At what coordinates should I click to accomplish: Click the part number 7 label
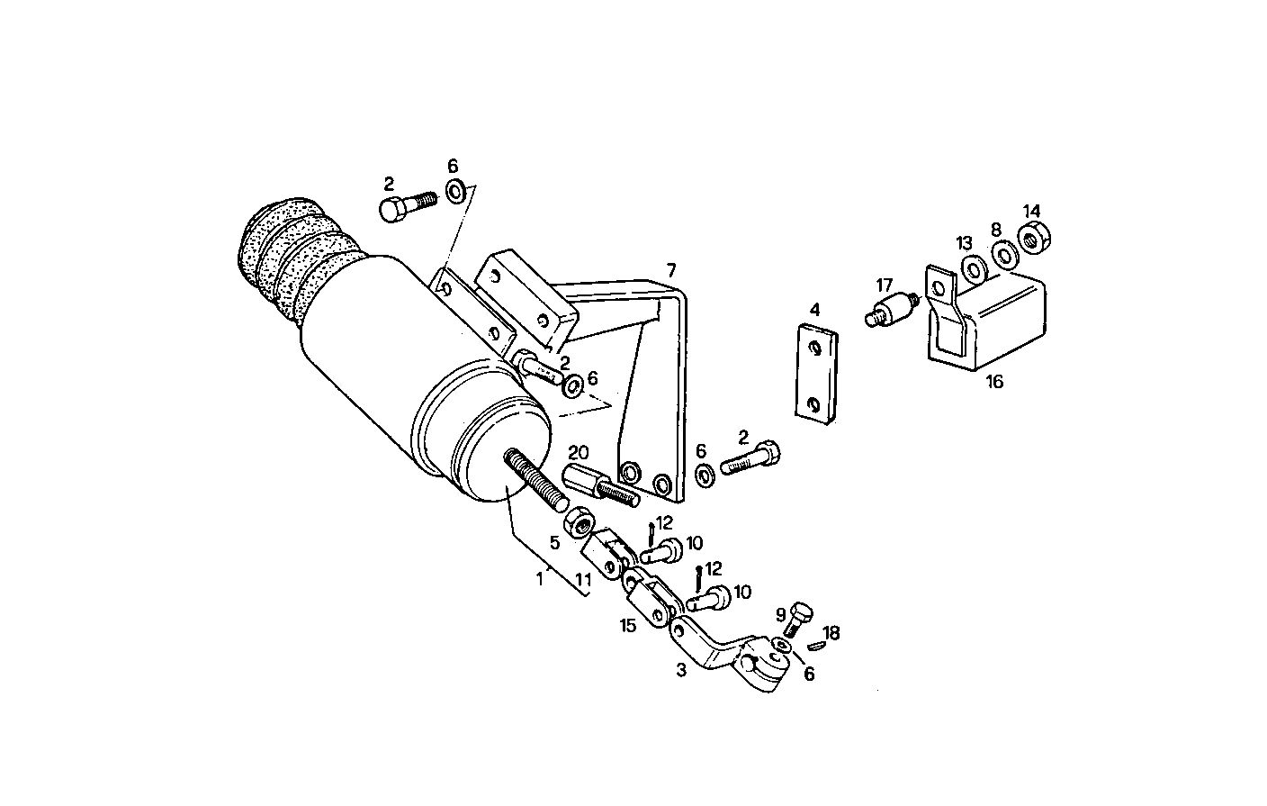coord(670,269)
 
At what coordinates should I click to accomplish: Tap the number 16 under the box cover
coord(993,382)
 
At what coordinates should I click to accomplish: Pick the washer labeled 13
coord(972,268)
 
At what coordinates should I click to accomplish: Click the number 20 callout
coord(578,451)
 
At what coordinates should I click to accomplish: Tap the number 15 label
coord(627,624)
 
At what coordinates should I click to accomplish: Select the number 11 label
coord(583,581)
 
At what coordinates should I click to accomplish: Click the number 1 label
coord(540,580)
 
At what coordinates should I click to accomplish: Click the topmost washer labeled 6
coord(456,191)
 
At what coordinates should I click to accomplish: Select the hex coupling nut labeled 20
coord(581,477)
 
